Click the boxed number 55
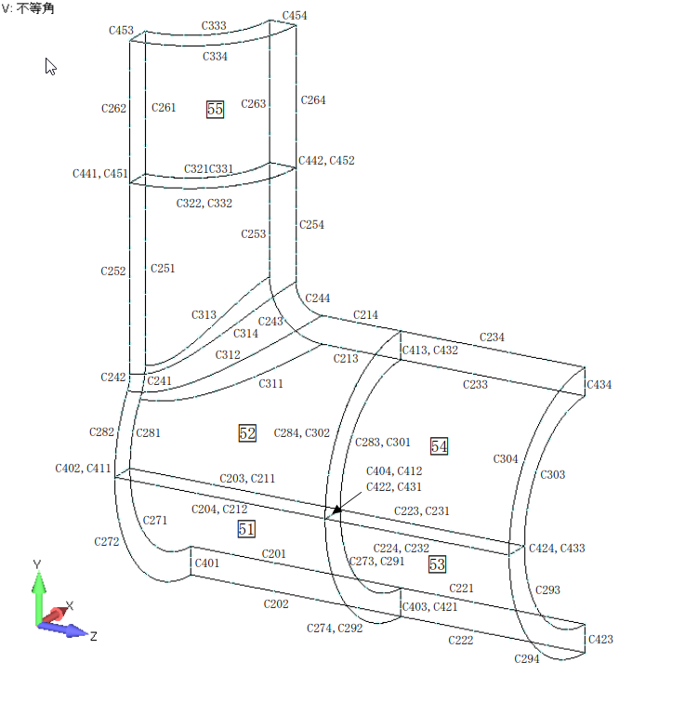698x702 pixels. tap(215, 109)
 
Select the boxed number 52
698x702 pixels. tap(247, 433)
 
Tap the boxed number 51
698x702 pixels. tap(246, 528)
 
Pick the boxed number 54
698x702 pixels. tap(439, 446)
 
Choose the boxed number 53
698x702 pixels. tap(438, 564)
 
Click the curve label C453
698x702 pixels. tap(121, 30)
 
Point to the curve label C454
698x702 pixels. tap(294, 17)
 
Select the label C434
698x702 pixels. tap(599, 385)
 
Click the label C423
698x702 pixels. tap(600, 640)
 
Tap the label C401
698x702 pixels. tap(206, 563)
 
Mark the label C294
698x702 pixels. tap(527, 658)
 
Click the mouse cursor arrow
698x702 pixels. tap(51, 66)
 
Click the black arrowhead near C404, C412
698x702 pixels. tap(336, 508)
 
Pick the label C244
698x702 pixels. tap(318, 298)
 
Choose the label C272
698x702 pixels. tap(107, 540)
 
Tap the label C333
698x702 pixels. tap(214, 26)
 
